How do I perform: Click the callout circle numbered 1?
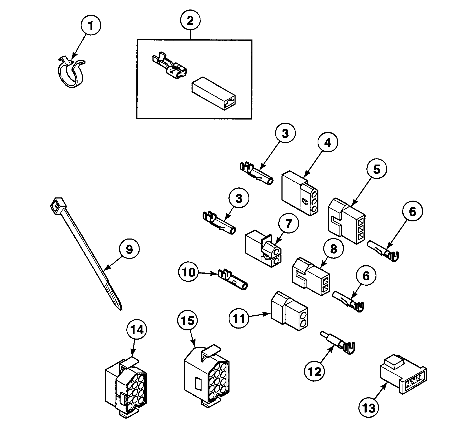pos(90,26)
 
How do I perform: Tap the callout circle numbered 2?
pos(190,21)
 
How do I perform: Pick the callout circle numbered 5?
pos(377,169)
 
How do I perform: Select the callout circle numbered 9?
pos(129,249)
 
